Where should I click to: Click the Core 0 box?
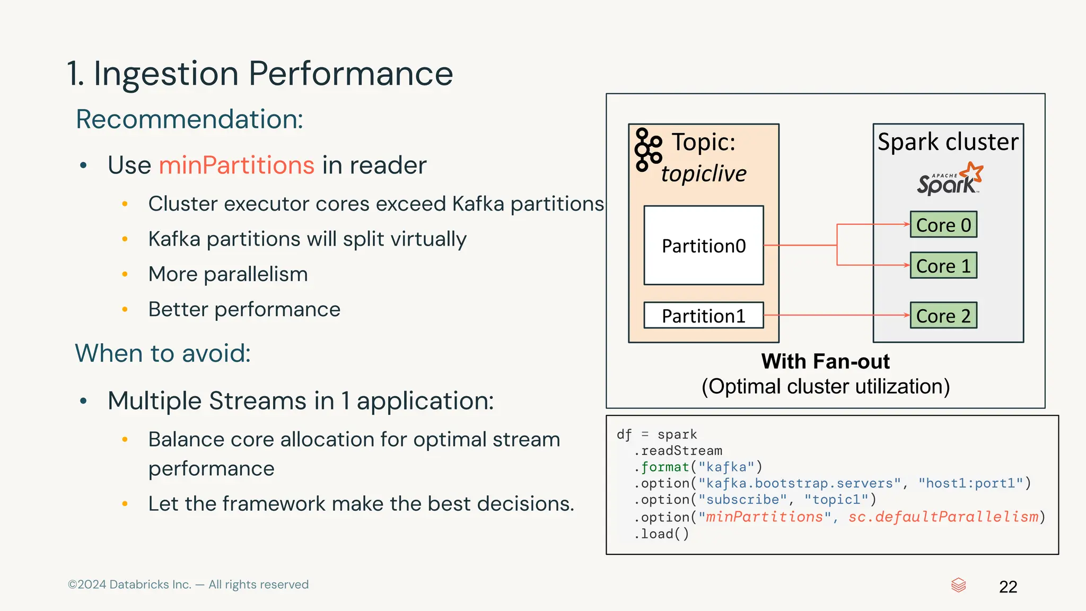point(943,224)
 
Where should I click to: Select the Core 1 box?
point(943,265)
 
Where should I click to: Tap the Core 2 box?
point(943,316)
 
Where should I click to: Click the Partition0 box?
point(704,246)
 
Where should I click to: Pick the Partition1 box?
point(704,316)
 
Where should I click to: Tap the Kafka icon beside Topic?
point(647,150)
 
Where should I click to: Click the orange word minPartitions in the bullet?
point(237,165)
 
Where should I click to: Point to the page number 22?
point(1008,587)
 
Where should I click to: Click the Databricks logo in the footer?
point(958,585)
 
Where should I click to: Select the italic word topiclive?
point(703,173)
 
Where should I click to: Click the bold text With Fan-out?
point(825,361)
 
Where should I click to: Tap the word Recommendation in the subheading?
point(189,119)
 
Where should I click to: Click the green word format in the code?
point(665,467)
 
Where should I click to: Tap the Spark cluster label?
point(948,142)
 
